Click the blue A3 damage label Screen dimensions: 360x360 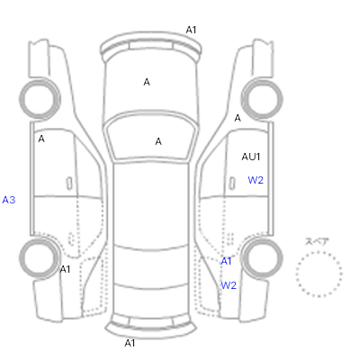point(9,200)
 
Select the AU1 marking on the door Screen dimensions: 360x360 point(251,157)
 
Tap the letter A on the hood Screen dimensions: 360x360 point(147,82)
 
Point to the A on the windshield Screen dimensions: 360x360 point(158,141)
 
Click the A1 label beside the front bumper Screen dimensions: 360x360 point(191,30)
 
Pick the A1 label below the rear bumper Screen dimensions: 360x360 point(130,343)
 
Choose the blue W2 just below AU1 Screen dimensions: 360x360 point(256,180)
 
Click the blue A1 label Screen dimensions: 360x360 point(226,261)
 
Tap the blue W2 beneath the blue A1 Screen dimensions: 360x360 point(229,285)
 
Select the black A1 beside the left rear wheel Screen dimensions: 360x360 point(65,269)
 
